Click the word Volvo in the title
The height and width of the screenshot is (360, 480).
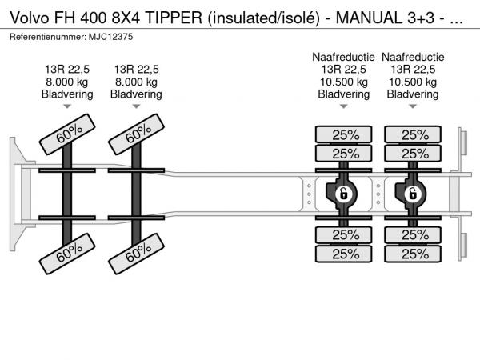tap(27, 18)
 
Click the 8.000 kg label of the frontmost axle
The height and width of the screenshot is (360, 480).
tap(67, 82)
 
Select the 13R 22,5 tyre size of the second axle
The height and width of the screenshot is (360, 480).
tap(136, 69)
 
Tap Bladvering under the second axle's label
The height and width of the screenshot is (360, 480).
tap(136, 94)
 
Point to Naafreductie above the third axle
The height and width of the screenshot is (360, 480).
tap(343, 57)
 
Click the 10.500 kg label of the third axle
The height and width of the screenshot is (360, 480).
tap(343, 82)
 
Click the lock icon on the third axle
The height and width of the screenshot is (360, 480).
tap(343, 194)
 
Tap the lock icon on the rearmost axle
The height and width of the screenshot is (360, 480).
tap(413, 194)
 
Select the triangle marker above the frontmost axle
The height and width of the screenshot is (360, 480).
tap(67, 106)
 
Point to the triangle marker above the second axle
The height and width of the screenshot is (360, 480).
tap(136, 106)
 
